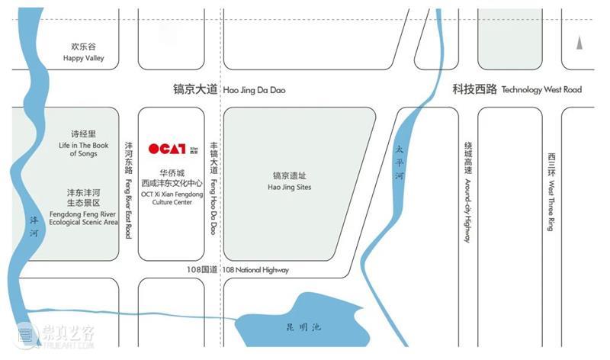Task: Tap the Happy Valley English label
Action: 83,58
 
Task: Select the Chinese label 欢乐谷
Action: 83,46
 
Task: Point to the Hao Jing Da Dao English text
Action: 254,90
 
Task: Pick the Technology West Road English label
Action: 541,89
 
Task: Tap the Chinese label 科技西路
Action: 474,89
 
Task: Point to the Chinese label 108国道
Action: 202,270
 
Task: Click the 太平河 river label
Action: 398,162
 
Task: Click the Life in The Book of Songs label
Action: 83,149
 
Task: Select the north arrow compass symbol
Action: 579,44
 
